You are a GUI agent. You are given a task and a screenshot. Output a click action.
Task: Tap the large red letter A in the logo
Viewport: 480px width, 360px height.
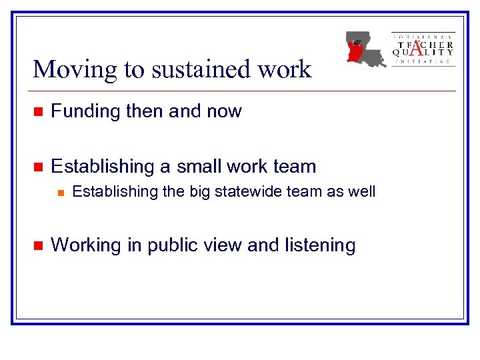(x=417, y=47)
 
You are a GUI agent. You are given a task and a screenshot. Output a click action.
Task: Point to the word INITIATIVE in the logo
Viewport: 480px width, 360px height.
(x=423, y=61)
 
